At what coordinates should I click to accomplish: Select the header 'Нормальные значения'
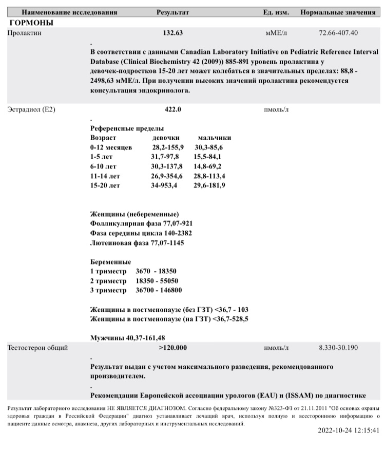pos(338,12)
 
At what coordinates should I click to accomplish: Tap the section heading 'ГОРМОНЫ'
pos(31,23)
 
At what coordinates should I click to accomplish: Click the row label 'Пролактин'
pos(25,33)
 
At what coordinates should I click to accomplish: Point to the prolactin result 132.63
pos(173,33)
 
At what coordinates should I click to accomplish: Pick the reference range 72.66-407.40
pos(338,33)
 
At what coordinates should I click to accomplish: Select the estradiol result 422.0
pos(172,109)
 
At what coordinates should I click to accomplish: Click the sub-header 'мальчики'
pos(214,138)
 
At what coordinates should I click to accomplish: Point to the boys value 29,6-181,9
pos(209,185)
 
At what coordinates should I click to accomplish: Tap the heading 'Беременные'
pos(110,262)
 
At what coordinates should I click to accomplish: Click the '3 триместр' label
pos(108,290)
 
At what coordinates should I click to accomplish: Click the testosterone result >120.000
pos(173,348)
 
